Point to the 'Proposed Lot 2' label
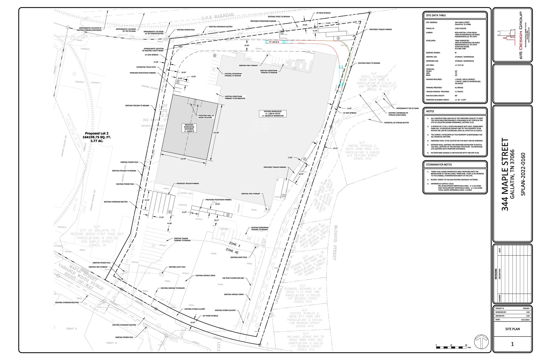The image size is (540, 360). coord(97,133)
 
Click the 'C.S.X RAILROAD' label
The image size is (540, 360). coord(218,17)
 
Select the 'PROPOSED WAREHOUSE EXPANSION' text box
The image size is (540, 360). coord(189,128)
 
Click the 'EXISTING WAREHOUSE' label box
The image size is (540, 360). coord(273,113)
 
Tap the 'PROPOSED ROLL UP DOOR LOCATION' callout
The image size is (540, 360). coord(205,116)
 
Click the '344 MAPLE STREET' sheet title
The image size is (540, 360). coord(505,174)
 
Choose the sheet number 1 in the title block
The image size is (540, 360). coord(512,344)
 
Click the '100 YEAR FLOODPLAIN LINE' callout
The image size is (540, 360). coord(233,278)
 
